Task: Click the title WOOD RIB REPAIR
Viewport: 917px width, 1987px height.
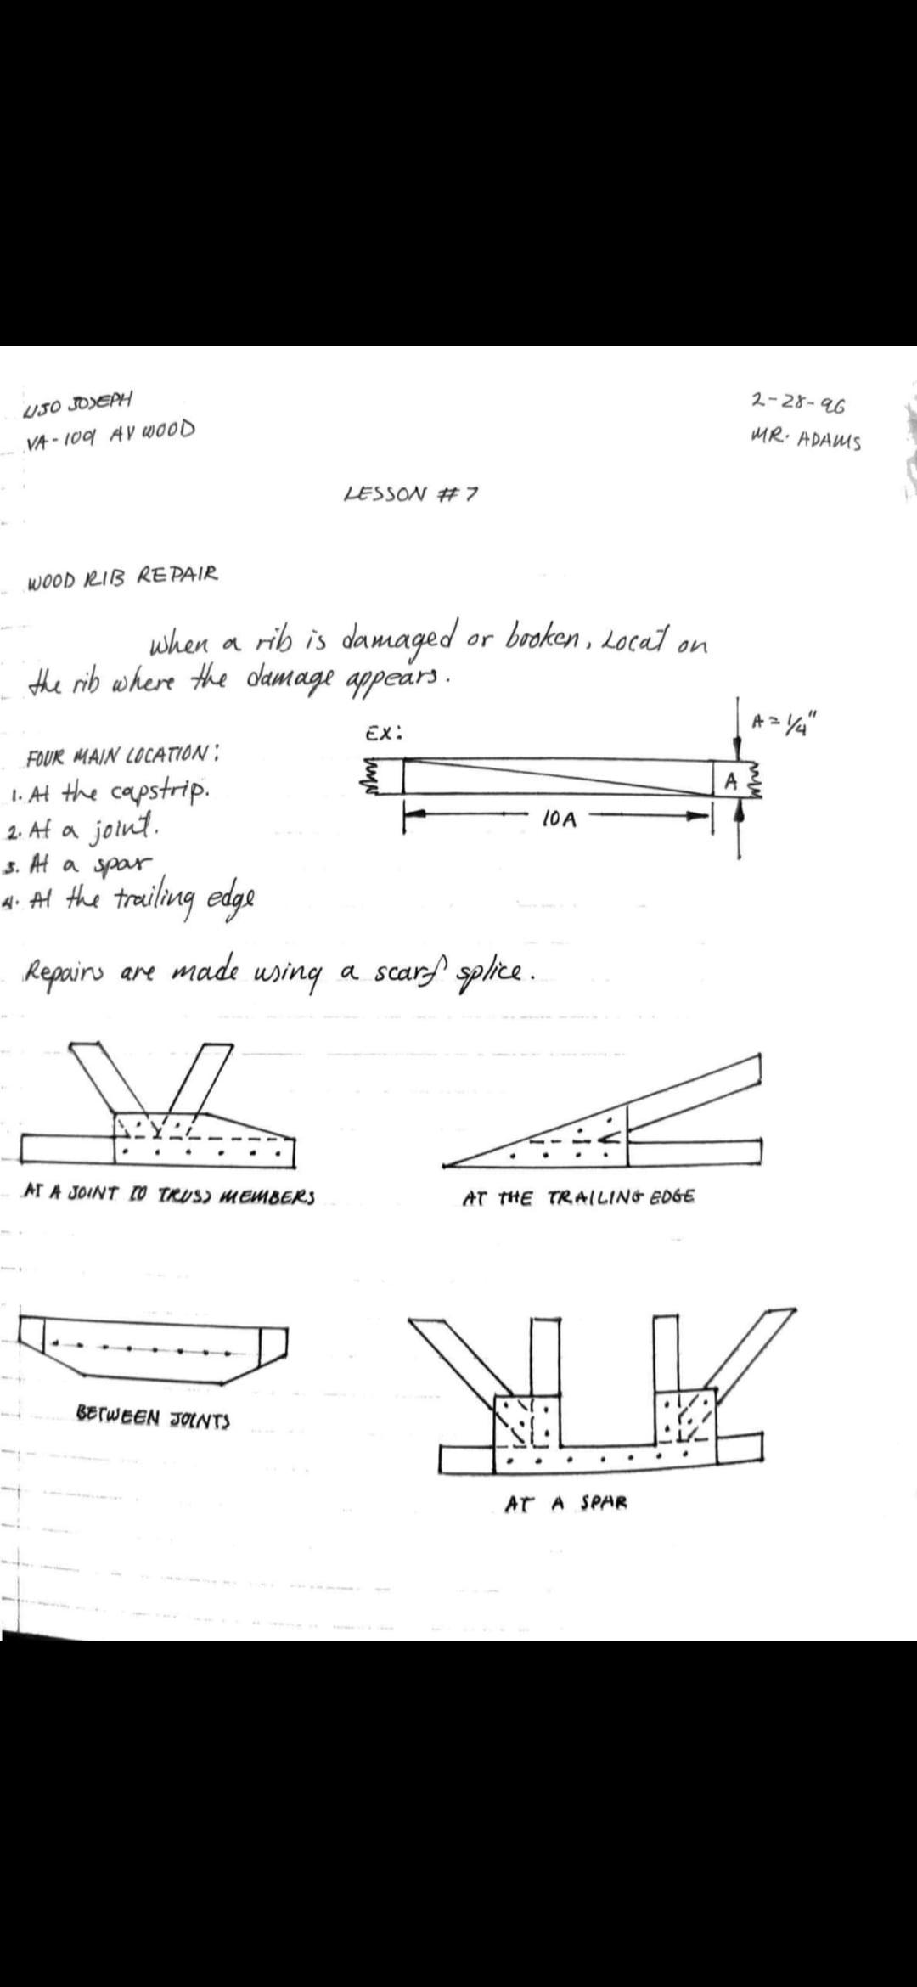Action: click(123, 577)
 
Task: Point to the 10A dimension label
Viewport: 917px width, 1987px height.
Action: click(559, 819)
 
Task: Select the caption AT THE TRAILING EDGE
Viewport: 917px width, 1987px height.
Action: click(579, 1198)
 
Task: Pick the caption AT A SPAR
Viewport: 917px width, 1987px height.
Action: click(566, 1503)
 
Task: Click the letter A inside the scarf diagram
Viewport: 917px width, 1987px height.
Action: click(729, 780)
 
